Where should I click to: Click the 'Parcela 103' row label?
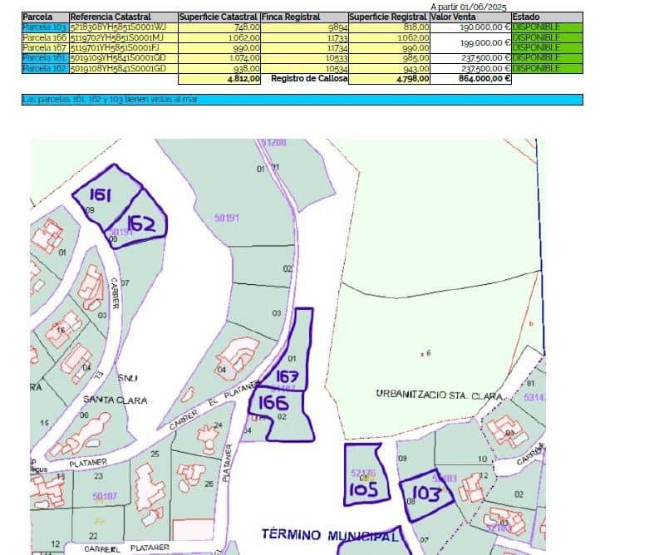[x=45, y=27]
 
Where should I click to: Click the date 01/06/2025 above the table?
[x=481, y=7]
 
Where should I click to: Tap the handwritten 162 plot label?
[x=142, y=223]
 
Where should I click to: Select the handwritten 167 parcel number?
[x=287, y=376]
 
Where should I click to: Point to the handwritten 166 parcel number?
[x=273, y=403]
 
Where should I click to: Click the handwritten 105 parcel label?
[x=363, y=489]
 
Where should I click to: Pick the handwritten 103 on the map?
[x=425, y=494]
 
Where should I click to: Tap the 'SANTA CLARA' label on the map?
[x=115, y=400]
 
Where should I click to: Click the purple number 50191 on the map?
[x=227, y=218]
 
